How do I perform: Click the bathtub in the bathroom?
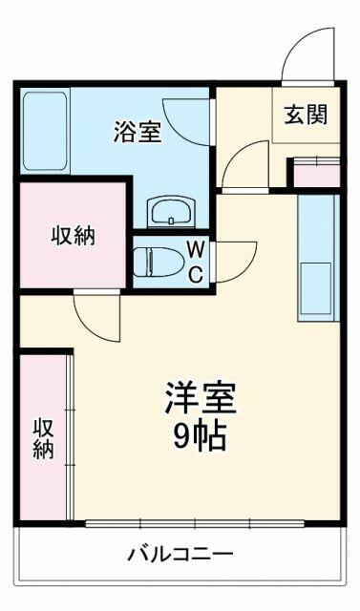(x=45, y=131)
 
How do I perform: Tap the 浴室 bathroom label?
(x=138, y=132)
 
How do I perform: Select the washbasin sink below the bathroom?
(x=171, y=212)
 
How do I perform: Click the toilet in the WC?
(x=159, y=262)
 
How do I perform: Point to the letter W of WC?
(x=195, y=249)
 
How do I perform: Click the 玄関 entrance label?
(x=306, y=115)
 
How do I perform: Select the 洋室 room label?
(x=201, y=398)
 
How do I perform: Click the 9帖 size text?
(x=200, y=436)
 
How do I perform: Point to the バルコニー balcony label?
(x=181, y=553)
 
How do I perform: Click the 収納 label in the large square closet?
(x=74, y=236)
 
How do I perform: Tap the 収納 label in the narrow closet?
(x=43, y=439)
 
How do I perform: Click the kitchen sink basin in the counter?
(x=315, y=288)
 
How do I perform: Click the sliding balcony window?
(x=195, y=523)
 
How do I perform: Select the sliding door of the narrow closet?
(x=70, y=437)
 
